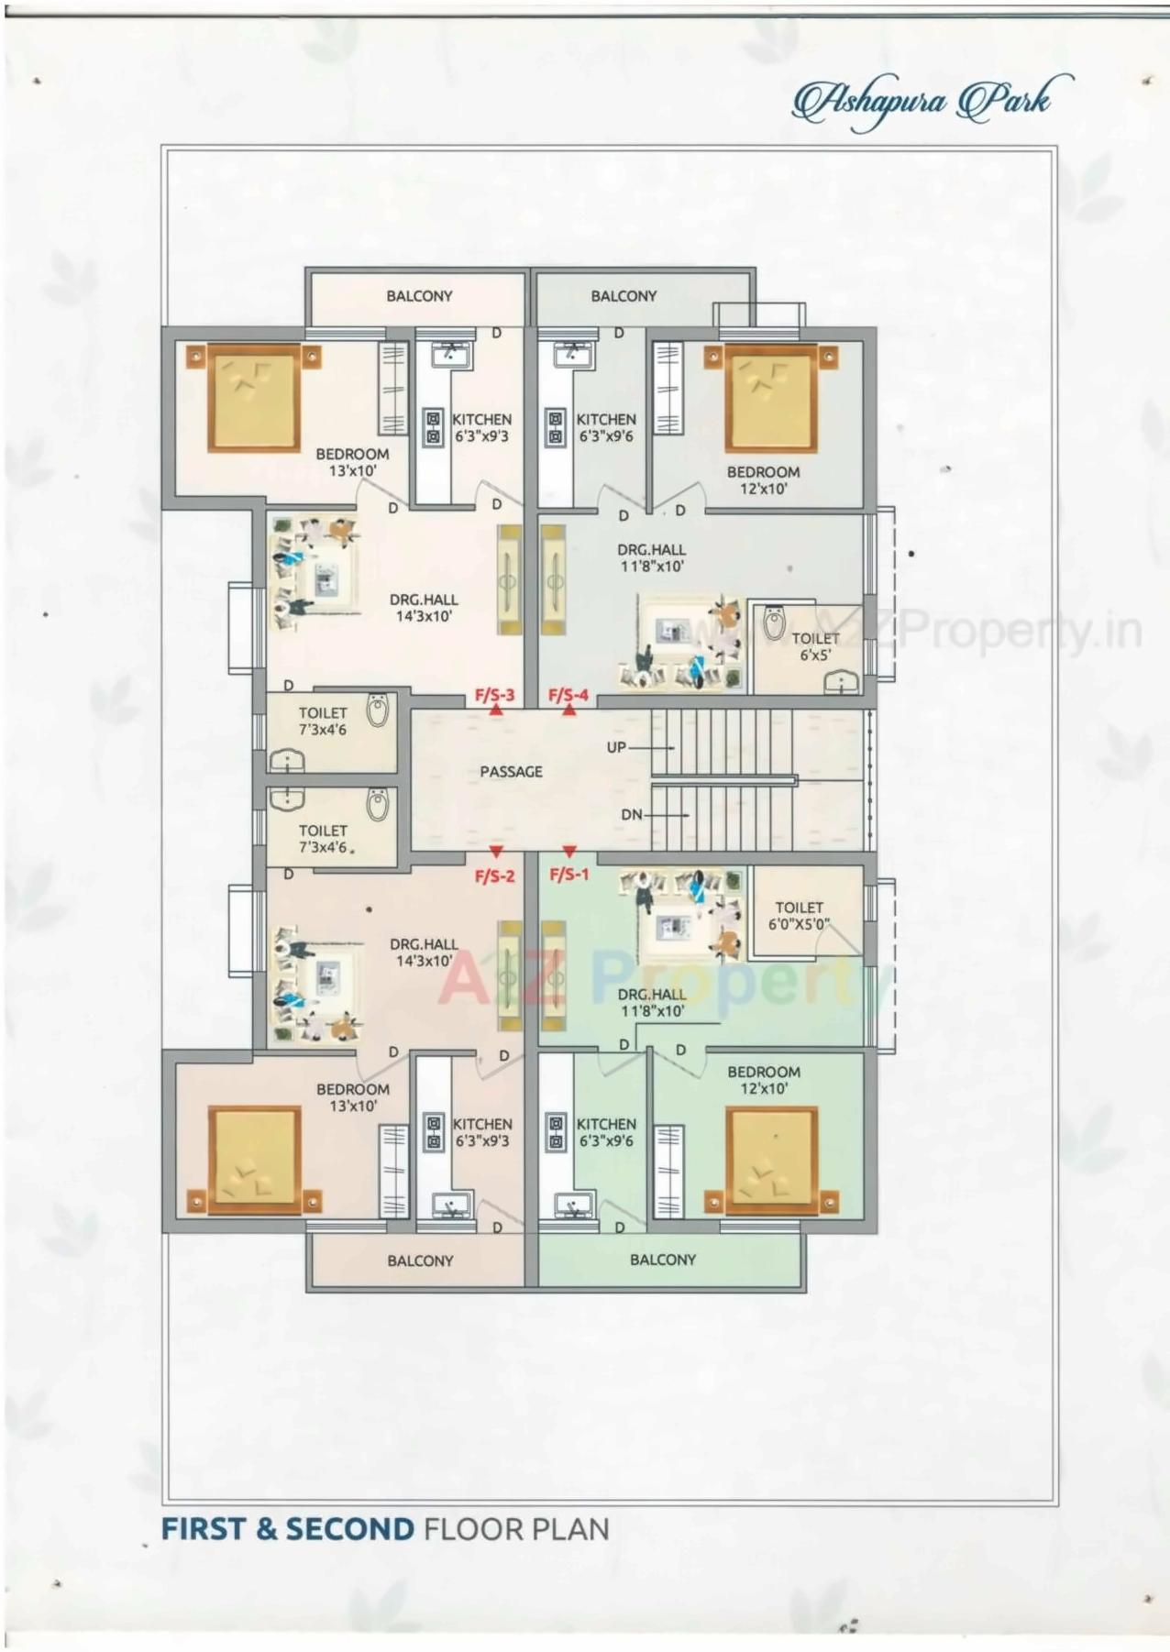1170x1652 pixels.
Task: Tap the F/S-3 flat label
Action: coord(494,695)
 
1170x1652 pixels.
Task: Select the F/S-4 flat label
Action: coord(568,695)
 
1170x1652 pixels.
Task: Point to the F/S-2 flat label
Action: coord(494,876)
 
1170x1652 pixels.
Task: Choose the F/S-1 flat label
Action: coord(568,875)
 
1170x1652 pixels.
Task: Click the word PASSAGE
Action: coord(511,772)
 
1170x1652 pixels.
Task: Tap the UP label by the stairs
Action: coord(616,747)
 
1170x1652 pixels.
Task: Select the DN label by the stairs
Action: coord(632,814)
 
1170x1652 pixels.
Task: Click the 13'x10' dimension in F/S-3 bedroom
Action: coord(352,471)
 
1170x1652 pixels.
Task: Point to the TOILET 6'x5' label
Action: coord(815,646)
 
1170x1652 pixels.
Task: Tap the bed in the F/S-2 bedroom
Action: coord(255,1162)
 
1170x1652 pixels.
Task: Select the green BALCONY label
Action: coord(662,1260)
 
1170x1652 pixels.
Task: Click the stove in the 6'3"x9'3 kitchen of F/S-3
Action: coord(433,427)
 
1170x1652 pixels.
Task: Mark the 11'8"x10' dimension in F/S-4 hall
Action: coord(652,567)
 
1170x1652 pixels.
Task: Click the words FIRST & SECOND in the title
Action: coord(288,1529)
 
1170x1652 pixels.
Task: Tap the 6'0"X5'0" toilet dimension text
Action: coord(799,924)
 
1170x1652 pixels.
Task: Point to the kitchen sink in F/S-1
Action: coord(575,1204)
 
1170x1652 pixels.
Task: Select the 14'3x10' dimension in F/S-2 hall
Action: coord(424,961)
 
